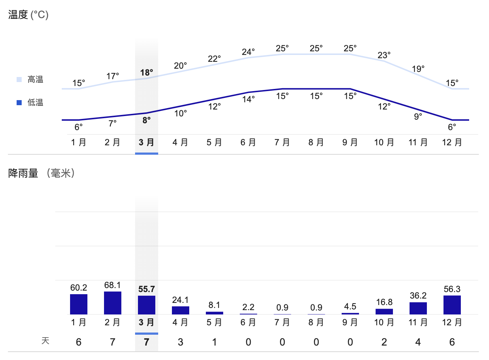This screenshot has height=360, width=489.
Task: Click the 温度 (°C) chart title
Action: click(28, 15)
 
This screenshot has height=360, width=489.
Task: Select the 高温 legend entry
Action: click(35, 80)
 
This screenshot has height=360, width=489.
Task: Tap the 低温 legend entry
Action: click(35, 103)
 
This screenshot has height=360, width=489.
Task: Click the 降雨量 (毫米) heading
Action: click(42, 173)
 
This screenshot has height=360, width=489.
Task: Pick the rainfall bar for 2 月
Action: click(113, 303)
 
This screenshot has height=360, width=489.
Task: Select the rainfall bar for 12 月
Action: click(452, 305)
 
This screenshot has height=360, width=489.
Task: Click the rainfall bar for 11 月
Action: click(418, 308)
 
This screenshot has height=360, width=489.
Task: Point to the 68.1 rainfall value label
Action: click(113, 285)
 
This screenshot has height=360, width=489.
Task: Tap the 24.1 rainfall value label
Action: click(180, 300)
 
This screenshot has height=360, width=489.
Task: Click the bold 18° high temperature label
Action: click(147, 73)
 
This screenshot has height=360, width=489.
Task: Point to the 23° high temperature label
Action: click(384, 55)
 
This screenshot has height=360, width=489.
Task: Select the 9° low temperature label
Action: click(418, 117)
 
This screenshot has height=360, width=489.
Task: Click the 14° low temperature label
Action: click(248, 99)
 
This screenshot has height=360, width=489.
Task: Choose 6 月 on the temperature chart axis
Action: click(248, 142)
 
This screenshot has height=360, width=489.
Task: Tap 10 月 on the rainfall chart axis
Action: click(384, 322)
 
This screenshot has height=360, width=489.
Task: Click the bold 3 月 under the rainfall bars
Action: click(146, 322)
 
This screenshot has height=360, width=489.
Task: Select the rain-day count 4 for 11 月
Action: click(418, 342)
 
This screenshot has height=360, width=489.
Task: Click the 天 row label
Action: click(45, 341)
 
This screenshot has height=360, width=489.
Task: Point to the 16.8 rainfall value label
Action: click(384, 302)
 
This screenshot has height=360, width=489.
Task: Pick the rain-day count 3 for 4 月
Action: click(180, 342)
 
